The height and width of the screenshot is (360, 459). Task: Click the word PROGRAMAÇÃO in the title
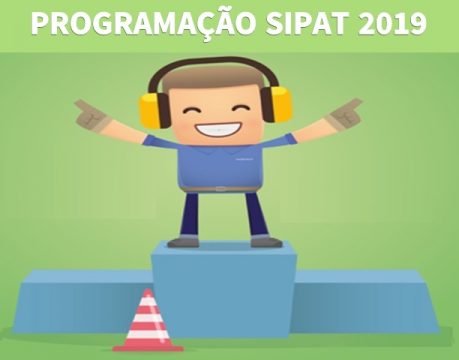[x=144, y=23]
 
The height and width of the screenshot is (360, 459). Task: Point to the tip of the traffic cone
[x=148, y=289]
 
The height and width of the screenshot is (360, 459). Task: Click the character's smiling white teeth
[x=218, y=128]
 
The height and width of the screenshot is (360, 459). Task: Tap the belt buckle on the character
[x=219, y=189]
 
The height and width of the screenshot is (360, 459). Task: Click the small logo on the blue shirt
[x=244, y=159]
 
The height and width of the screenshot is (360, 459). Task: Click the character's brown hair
[x=213, y=78]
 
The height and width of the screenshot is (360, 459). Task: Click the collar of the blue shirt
[x=218, y=149]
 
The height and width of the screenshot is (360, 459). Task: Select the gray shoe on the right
[x=266, y=241]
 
